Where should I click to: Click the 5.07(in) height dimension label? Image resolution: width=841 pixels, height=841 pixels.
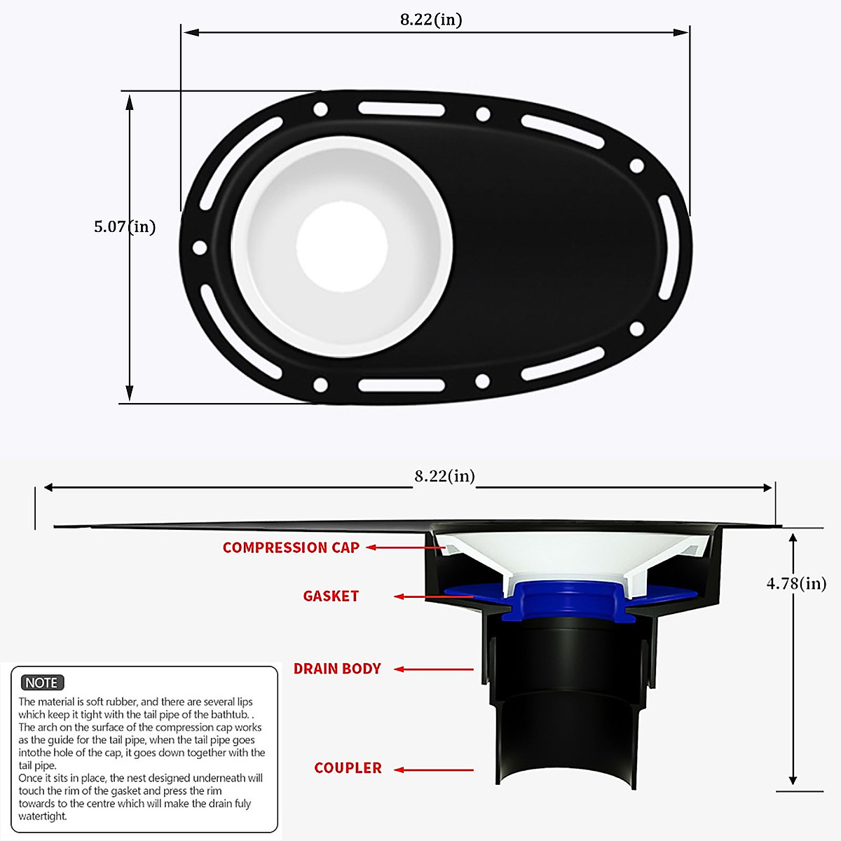click(125, 226)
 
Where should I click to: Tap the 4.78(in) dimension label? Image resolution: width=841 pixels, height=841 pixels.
click(796, 583)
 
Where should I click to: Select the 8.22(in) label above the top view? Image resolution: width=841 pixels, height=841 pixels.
click(431, 20)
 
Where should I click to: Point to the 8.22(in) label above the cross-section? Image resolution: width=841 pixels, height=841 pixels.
click(444, 476)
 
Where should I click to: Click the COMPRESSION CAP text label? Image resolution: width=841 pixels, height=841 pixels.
click(291, 547)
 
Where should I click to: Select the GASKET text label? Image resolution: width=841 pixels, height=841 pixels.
click(331, 596)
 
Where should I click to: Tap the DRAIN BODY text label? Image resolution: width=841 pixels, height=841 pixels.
click(337, 669)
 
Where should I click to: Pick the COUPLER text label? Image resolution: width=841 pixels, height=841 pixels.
click(348, 768)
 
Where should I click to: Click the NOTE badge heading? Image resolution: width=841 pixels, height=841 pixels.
click(42, 683)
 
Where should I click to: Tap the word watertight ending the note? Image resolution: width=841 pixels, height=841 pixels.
click(42, 816)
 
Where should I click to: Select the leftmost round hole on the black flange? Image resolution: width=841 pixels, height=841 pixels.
click(199, 247)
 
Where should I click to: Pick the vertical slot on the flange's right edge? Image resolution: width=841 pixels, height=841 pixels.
click(666, 247)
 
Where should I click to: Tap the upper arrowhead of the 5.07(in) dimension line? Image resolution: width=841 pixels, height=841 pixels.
click(130, 101)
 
